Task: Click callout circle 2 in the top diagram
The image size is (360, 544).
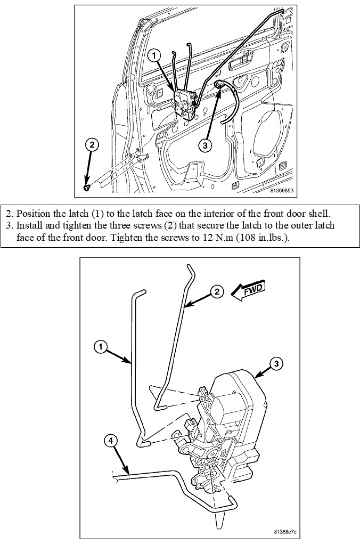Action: click(x=92, y=144)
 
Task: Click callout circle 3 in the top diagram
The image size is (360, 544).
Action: click(x=206, y=144)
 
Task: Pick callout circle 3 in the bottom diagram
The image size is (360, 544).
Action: click(x=275, y=364)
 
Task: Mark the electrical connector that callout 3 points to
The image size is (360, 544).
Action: click(x=220, y=84)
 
